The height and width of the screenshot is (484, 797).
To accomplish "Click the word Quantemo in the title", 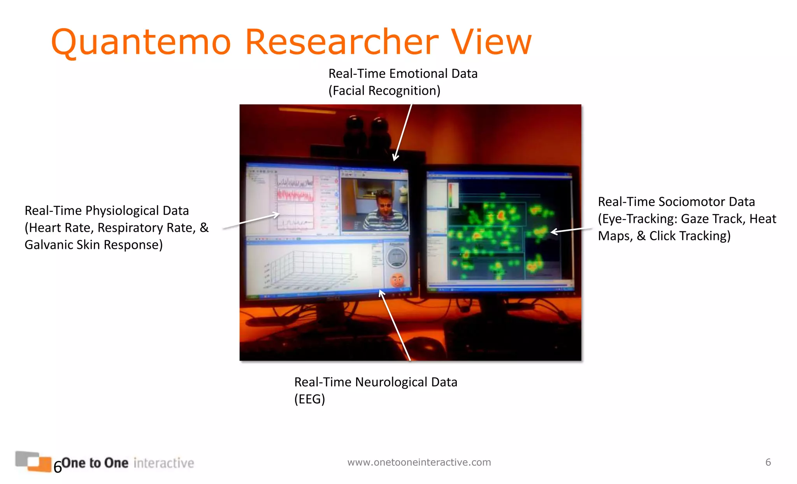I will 141,43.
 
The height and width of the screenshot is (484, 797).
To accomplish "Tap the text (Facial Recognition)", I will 384,91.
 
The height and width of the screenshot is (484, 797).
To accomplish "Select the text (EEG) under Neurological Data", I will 309,399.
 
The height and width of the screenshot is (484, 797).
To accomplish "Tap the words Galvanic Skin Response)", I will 93,245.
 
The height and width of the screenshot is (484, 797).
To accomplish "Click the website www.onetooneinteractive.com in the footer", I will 419,462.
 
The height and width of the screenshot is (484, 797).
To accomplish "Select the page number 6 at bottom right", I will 768,462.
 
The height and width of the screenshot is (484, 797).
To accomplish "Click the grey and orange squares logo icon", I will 33,461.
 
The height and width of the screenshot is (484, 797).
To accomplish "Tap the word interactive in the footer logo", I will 164,463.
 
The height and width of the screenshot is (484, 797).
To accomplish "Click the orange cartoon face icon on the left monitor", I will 397,280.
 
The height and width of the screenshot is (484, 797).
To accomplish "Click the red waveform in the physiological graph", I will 295,195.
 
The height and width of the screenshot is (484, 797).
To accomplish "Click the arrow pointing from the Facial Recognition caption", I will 403,132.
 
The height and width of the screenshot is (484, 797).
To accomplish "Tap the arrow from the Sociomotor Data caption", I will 570,231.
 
